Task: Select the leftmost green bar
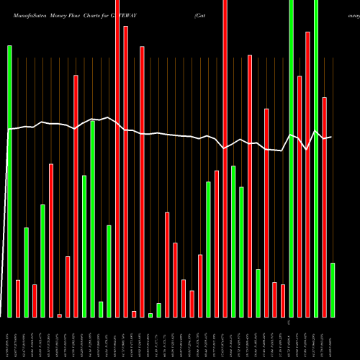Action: point(10,180)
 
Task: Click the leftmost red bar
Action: point(18,298)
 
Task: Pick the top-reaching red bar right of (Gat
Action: point(225,158)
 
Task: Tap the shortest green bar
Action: point(150,315)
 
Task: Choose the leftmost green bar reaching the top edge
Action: point(292,158)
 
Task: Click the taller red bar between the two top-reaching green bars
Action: point(308,174)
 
